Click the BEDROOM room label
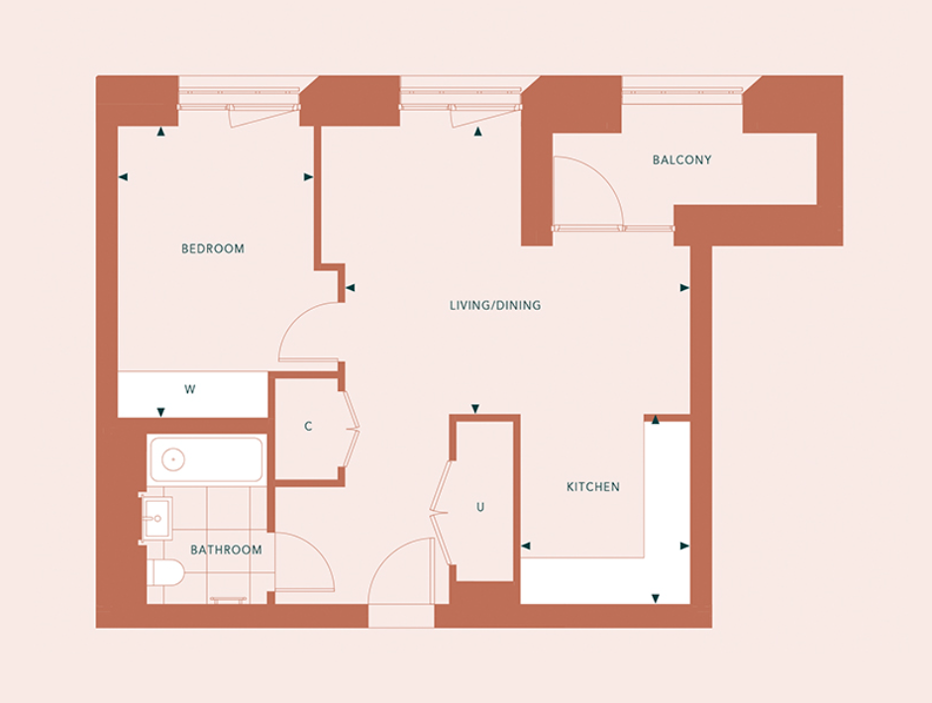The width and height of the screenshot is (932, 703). coord(213,249)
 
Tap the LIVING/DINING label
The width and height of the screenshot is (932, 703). coord(495,305)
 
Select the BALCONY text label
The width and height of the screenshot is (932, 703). coord(681,159)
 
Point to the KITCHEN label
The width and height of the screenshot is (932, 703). coord(592,487)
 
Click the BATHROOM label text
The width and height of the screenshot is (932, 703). coord(226,550)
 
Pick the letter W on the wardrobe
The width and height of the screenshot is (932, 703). coord(189,389)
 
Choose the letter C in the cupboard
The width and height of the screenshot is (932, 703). coord(308,426)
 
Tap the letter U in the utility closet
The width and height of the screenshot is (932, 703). coord(480,507)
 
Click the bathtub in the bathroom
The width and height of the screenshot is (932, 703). coord(206,459)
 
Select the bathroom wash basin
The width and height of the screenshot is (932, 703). coord(156,518)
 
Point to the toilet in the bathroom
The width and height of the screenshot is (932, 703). coord(166,572)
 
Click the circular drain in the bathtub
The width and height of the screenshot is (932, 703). coord(173,459)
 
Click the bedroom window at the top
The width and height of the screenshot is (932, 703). coord(239,99)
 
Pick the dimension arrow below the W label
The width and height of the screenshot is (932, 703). coord(160,412)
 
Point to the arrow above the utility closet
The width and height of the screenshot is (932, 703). coord(475,408)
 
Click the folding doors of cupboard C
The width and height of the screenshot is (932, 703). coord(353,428)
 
